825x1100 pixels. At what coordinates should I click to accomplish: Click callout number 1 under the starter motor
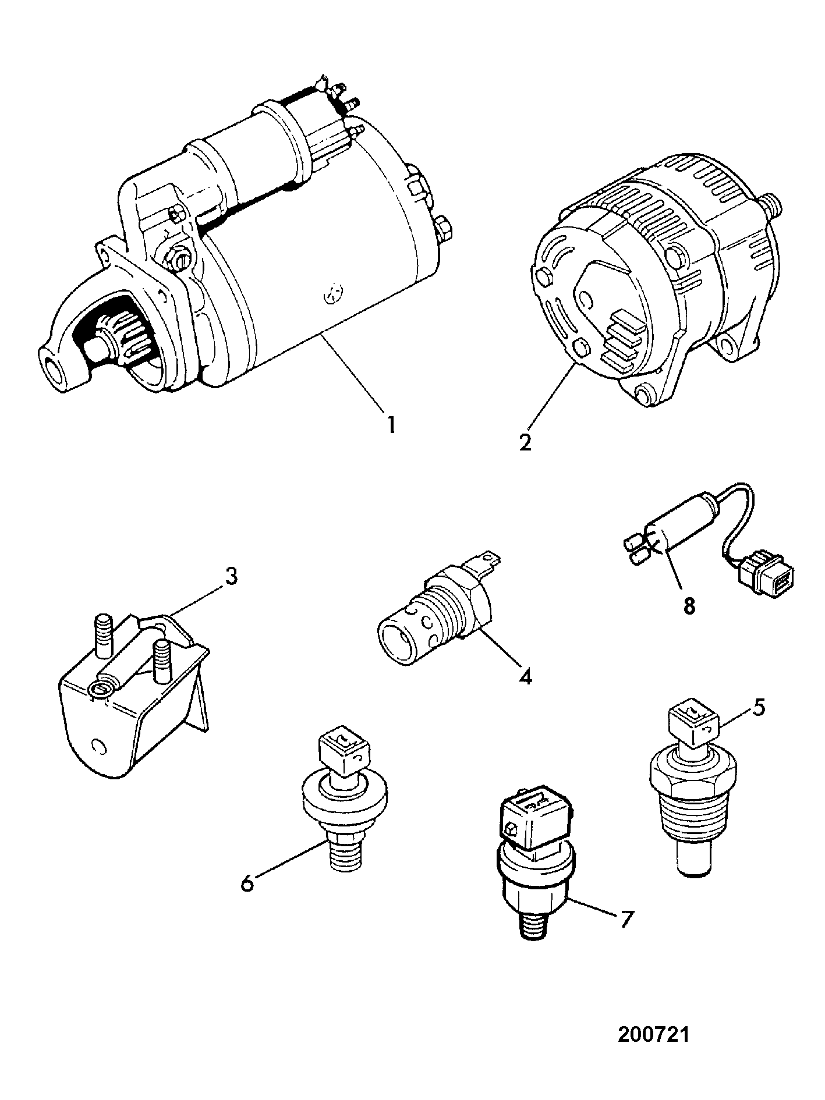coord(391,423)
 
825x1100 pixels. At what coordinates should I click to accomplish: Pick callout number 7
coord(624,920)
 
